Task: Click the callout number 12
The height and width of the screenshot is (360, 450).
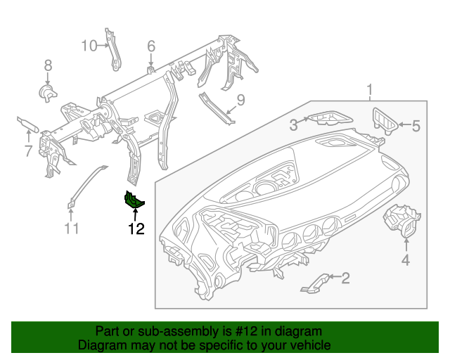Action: coord(136,228)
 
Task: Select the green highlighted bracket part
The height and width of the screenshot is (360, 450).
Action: coord(134,201)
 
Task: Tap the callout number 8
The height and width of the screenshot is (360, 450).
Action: coord(48,65)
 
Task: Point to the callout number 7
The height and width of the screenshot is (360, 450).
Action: coord(28,150)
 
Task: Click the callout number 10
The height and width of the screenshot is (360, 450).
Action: coord(89,46)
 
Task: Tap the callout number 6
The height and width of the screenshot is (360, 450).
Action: coord(150,46)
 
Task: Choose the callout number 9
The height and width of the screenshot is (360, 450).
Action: coord(240,101)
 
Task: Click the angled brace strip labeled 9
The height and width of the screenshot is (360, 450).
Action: coord(216,108)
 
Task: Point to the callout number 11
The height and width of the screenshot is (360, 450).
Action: coord(72,228)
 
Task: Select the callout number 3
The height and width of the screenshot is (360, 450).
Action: coord(292,124)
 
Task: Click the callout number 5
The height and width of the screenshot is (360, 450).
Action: coord(415,127)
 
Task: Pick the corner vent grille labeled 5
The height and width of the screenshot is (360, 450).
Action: coord(385,120)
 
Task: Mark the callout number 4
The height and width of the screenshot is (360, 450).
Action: coord(406,262)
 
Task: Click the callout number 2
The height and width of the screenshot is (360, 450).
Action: coord(345,278)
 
